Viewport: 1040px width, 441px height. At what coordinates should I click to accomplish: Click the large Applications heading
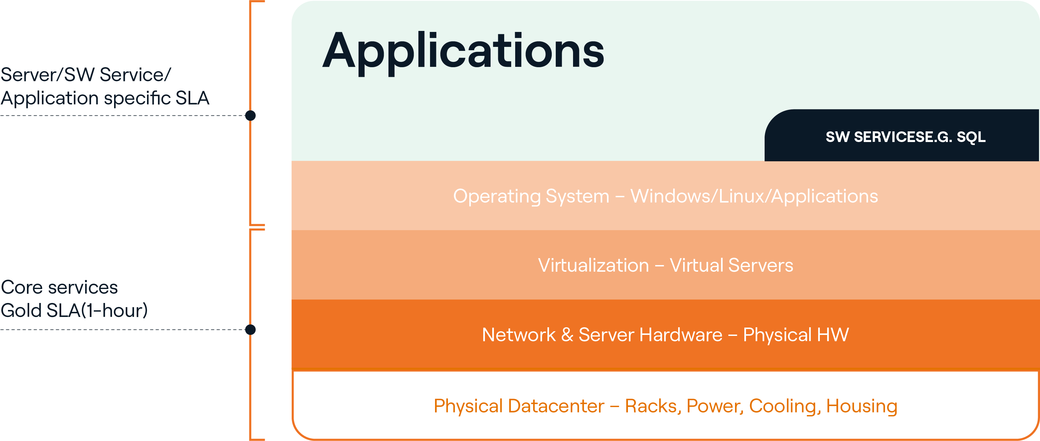pos(463,52)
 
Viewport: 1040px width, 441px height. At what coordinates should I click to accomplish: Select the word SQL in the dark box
pos(971,137)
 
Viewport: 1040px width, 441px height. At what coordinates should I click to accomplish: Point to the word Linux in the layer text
pos(742,196)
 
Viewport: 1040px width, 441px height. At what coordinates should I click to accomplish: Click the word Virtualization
pos(593,265)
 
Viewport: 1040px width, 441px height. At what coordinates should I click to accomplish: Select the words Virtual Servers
pos(731,265)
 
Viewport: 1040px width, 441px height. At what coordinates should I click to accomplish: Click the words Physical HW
pos(796,335)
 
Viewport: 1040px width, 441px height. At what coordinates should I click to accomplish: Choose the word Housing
pos(861,406)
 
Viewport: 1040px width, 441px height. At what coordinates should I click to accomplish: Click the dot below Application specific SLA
pos(250,115)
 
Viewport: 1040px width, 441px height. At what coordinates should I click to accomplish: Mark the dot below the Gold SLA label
pos(250,330)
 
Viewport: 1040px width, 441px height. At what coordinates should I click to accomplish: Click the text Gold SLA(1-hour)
pos(74,311)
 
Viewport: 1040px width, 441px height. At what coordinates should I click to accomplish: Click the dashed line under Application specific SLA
pos(121,115)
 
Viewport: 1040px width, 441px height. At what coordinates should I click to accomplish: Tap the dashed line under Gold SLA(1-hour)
pos(121,330)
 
